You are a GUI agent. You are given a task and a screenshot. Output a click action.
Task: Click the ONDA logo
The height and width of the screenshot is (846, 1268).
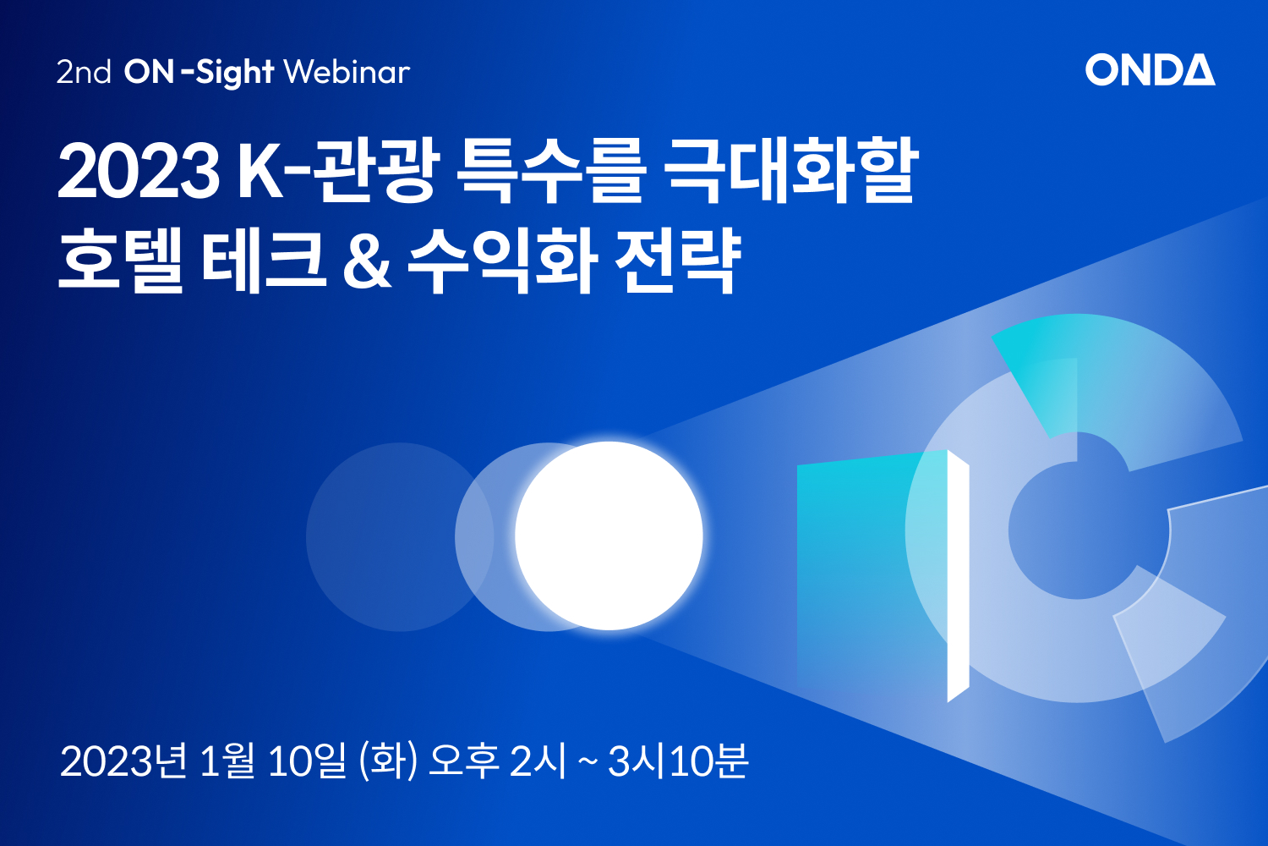[x=1150, y=69]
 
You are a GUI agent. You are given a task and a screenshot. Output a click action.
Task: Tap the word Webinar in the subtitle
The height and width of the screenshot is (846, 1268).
[x=347, y=72]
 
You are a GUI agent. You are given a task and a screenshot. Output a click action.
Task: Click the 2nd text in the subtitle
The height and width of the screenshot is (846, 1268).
[x=84, y=73]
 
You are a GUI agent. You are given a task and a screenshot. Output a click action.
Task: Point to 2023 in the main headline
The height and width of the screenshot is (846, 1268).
[x=139, y=171]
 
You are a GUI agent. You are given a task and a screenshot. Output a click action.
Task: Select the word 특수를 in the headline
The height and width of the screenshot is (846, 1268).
[x=550, y=170]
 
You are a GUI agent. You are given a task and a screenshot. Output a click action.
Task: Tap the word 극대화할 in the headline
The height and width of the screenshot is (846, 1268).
[x=790, y=170]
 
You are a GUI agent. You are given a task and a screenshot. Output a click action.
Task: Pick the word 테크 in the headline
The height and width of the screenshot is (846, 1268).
[x=264, y=260]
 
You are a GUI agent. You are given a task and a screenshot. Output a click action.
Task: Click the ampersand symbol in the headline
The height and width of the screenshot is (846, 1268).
[x=367, y=261]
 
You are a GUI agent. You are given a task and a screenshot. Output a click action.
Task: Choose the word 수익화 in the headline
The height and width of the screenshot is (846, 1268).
[x=502, y=260]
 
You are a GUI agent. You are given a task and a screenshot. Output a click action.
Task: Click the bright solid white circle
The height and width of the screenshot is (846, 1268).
[x=609, y=536]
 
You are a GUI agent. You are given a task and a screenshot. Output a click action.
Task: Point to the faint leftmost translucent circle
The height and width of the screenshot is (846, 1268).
[x=400, y=536]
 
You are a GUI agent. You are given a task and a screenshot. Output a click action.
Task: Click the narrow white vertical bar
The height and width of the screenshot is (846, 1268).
[x=958, y=576]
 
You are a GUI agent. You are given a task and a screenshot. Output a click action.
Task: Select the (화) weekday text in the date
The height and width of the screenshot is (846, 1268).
[x=388, y=761]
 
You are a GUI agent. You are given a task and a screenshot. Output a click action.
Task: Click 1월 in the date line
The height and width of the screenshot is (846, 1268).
[x=227, y=761]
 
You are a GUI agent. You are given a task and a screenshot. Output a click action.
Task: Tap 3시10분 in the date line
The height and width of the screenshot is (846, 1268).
[x=678, y=761]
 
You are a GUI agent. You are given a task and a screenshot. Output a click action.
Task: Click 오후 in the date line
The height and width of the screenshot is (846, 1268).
[x=464, y=761]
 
